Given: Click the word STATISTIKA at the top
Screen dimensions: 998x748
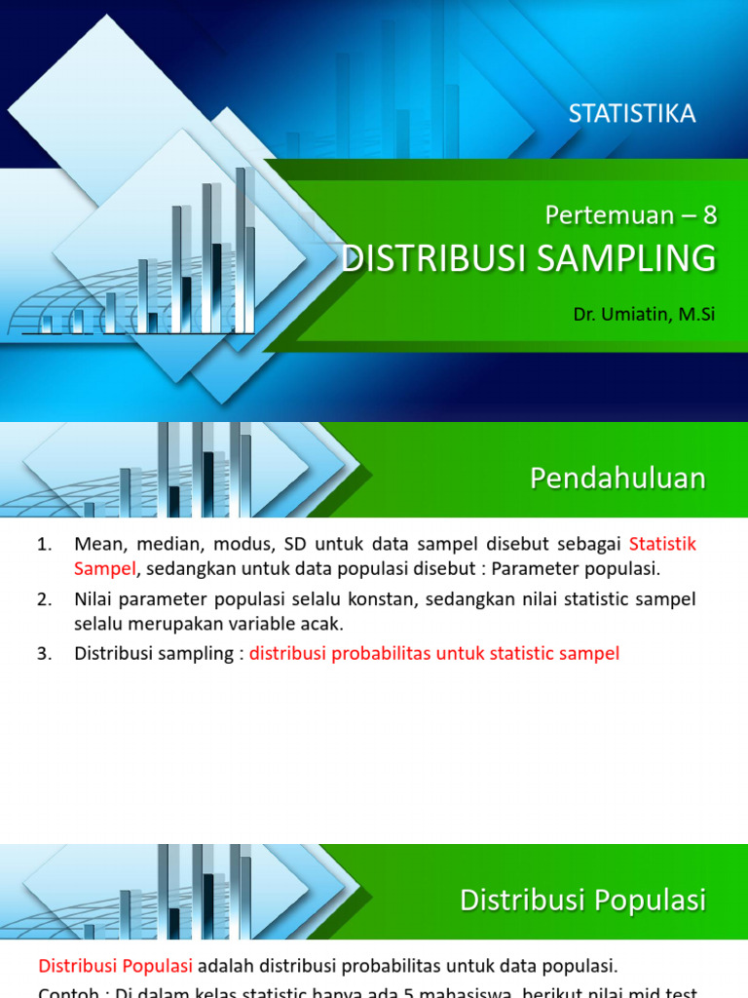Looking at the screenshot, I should tap(632, 114).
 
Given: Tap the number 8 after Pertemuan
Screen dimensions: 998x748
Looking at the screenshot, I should tap(709, 214).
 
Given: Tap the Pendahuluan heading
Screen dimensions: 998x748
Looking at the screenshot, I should tap(617, 478).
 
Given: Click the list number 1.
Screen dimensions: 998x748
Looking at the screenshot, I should tap(44, 544).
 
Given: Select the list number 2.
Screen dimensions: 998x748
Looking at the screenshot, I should tap(44, 599).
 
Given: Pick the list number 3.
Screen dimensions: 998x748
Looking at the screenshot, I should tap(44, 654).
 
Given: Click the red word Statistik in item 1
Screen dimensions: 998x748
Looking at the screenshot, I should tap(663, 544).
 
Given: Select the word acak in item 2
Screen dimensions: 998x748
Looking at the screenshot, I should tap(323, 625).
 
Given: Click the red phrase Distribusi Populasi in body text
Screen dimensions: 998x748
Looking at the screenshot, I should tap(115, 967).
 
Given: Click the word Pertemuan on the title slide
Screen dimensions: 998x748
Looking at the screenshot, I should tap(611, 214).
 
